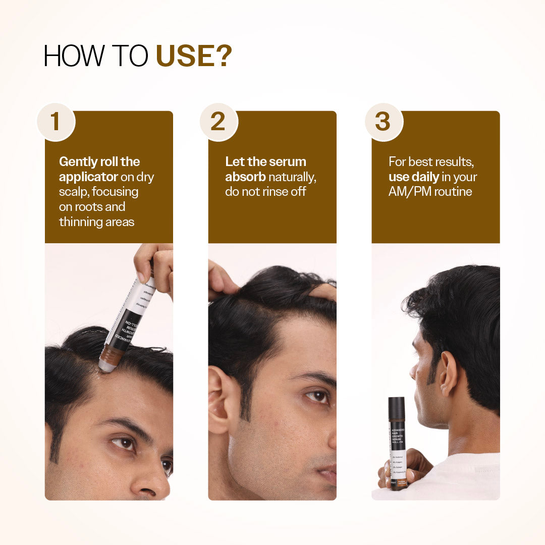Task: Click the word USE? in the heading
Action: point(194,56)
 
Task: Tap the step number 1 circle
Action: point(56,122)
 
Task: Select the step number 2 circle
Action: point(218,122)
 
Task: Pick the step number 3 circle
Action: point(383,122)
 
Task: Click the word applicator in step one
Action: point(88,177)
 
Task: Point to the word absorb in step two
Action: point(245,177)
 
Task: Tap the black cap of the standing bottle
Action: point(397,408)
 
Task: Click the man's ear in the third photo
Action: point(448,373)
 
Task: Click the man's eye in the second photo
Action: point(318,397)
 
